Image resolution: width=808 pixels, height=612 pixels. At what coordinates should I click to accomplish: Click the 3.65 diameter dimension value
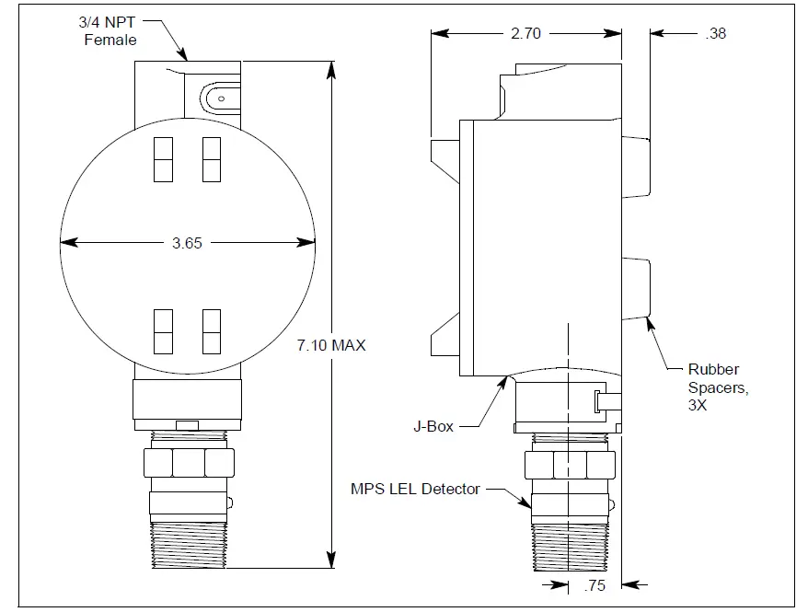[187, 243]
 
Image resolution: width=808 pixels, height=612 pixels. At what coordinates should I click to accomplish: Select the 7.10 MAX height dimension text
[331, 345]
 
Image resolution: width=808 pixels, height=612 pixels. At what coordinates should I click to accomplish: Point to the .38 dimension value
[714, 33]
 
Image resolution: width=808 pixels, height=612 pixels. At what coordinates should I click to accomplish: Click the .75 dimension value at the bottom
[595, 584]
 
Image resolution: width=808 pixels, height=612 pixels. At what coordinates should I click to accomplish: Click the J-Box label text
[432, 427]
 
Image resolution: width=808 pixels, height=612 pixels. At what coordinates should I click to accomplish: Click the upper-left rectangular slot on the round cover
[162, 158]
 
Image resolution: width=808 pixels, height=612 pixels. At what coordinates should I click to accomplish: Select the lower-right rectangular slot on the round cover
[212, 331]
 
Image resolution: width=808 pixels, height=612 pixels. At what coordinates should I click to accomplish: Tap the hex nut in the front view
[188, 463]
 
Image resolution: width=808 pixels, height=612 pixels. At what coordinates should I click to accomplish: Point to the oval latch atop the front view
[217, 96]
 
